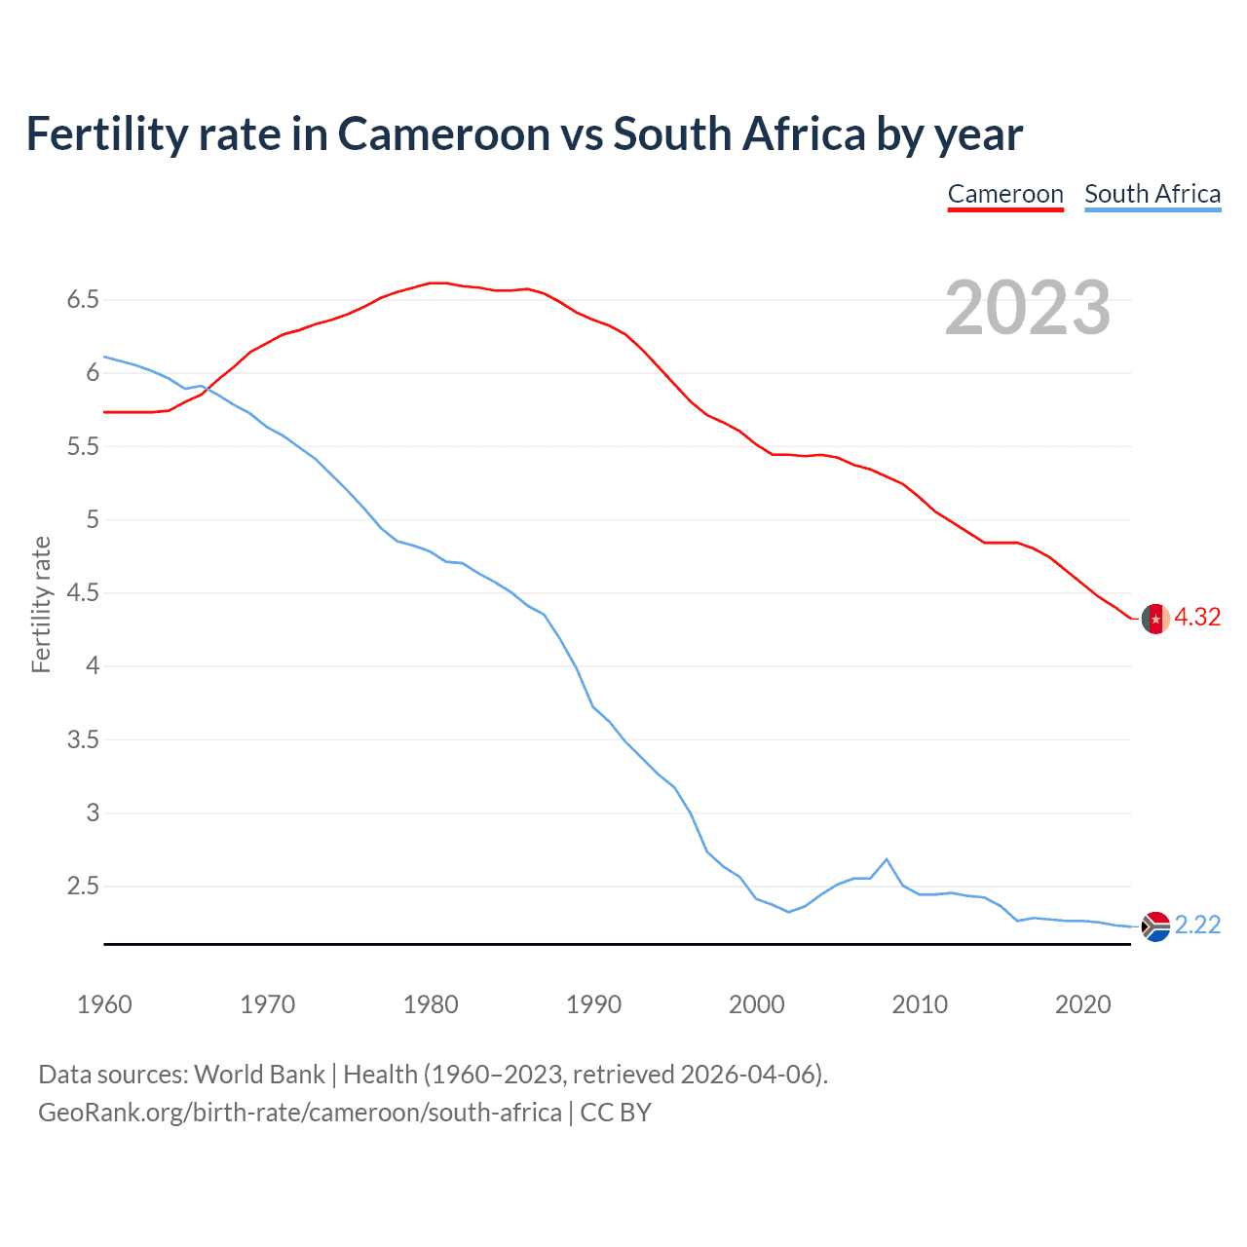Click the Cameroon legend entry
1005,194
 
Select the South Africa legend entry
1153,194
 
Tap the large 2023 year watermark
1028,308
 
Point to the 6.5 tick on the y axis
83,300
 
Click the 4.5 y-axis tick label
83,593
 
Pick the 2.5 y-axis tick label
83,887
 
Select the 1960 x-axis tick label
104,1004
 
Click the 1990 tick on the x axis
593,1004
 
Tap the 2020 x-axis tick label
1082,1004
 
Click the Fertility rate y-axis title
41,604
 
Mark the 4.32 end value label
1197,618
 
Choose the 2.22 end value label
1197,925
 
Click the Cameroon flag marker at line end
1155,619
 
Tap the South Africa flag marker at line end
1155,926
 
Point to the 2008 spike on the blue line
886,859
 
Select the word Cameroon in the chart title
443,133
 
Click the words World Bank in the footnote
259,1075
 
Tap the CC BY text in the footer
616,1113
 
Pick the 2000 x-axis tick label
757,1004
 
